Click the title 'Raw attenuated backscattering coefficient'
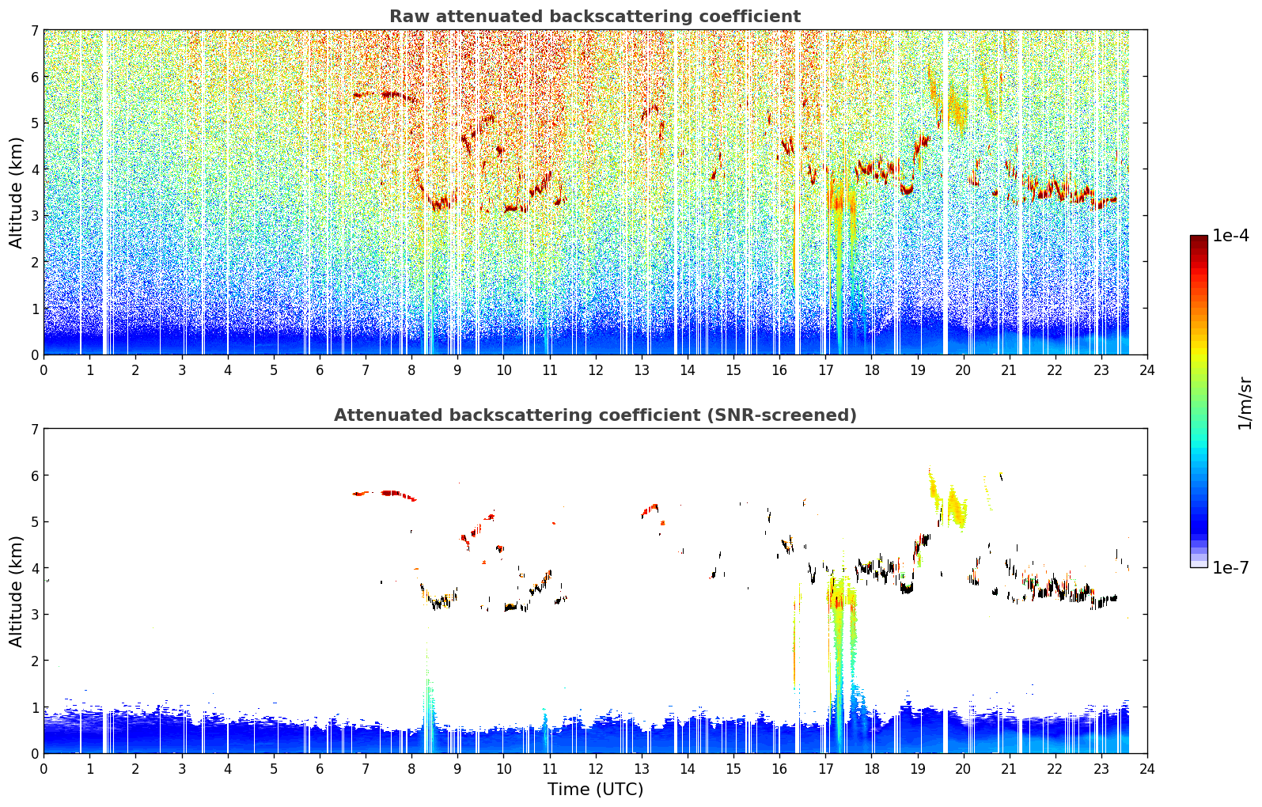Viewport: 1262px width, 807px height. (595, 17)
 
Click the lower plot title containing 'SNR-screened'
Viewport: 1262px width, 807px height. (595, 415)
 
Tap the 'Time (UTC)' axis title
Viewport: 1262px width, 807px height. (595, 790)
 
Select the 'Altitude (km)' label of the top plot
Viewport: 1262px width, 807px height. (16, 193)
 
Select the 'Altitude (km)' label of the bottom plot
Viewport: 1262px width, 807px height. (16, 591)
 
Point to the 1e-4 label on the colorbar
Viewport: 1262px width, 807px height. (1230, 236)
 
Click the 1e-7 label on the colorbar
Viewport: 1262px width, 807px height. (1230, 567)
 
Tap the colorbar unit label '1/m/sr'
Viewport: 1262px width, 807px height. (1245, 403)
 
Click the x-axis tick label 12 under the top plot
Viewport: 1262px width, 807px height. (596, 370)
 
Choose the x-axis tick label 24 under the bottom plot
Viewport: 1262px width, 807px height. (1147, 769)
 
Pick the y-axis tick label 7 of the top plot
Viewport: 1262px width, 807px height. (35, 30)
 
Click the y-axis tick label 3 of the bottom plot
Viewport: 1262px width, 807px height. (35, 614)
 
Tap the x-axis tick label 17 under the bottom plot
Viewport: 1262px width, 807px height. (825, 769)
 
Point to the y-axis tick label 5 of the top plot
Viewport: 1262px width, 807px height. (35, 123)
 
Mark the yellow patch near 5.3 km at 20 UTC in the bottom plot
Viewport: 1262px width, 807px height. (956, 506)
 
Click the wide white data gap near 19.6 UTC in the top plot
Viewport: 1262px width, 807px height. (946, 192)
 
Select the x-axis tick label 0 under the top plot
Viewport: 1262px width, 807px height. (44, 370)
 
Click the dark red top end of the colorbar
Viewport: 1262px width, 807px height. (1199, 238)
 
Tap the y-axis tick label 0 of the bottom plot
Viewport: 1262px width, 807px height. (35, 753)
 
